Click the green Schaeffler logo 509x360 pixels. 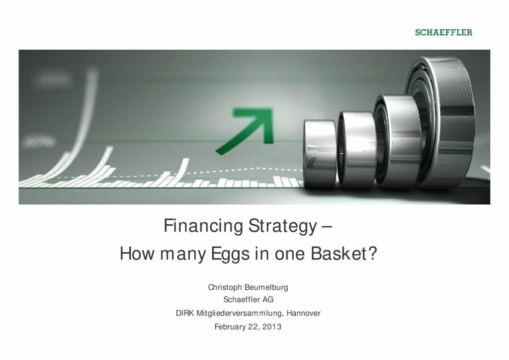point(443,32)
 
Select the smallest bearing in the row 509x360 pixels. point(320,154)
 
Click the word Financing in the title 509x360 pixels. point(203,226)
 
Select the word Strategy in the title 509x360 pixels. point(282,226)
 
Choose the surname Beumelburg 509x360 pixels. point(266,287)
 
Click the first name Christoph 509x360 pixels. point(225,287)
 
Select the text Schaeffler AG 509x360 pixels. point(249,299)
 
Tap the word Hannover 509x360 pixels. point(304,313)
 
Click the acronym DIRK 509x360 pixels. point(185,313)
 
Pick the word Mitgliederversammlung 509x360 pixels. point(241,313)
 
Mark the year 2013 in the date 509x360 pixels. point(272,327)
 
